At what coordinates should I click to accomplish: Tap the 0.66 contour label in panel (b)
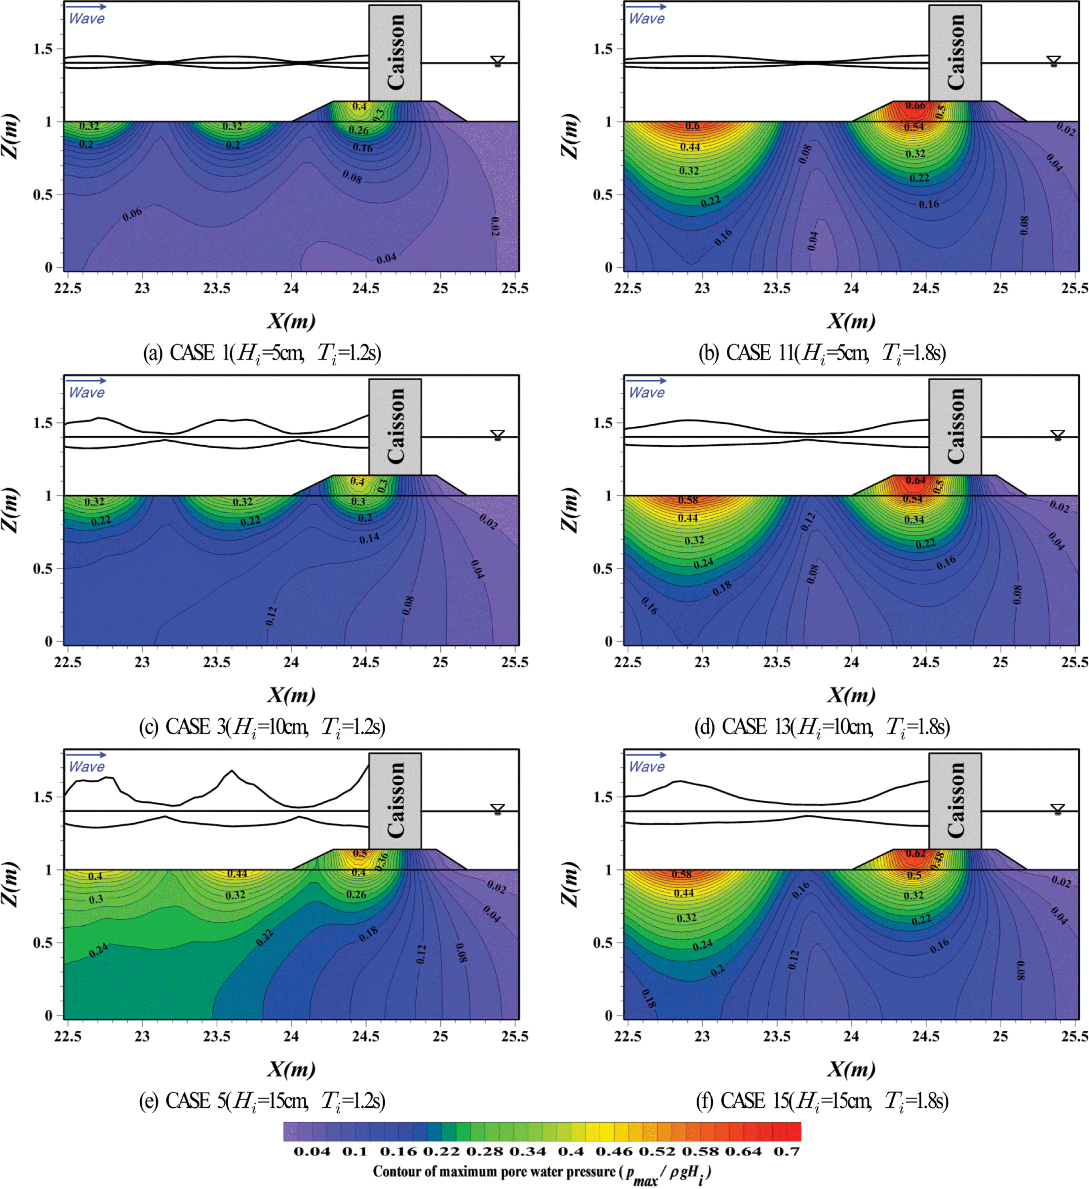[916, 105]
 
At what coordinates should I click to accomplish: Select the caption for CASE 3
[262, 727]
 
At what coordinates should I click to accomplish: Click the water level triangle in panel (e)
[498, 808]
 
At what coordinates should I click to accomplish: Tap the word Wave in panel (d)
[646, 393]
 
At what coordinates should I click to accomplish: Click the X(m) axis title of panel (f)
[850, 1069]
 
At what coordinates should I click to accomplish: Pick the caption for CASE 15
[822, 1101]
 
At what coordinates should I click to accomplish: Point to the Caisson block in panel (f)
[954, 800]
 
